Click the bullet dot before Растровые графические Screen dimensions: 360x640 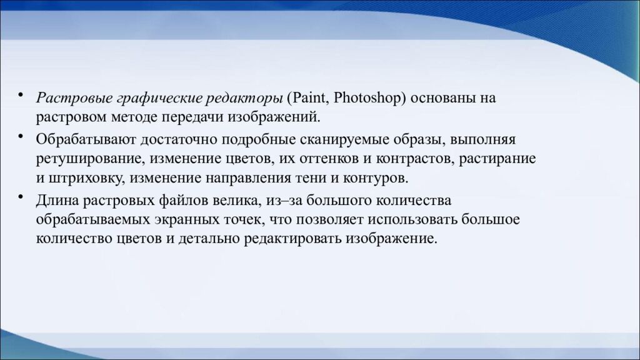click(x=22, y=96)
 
